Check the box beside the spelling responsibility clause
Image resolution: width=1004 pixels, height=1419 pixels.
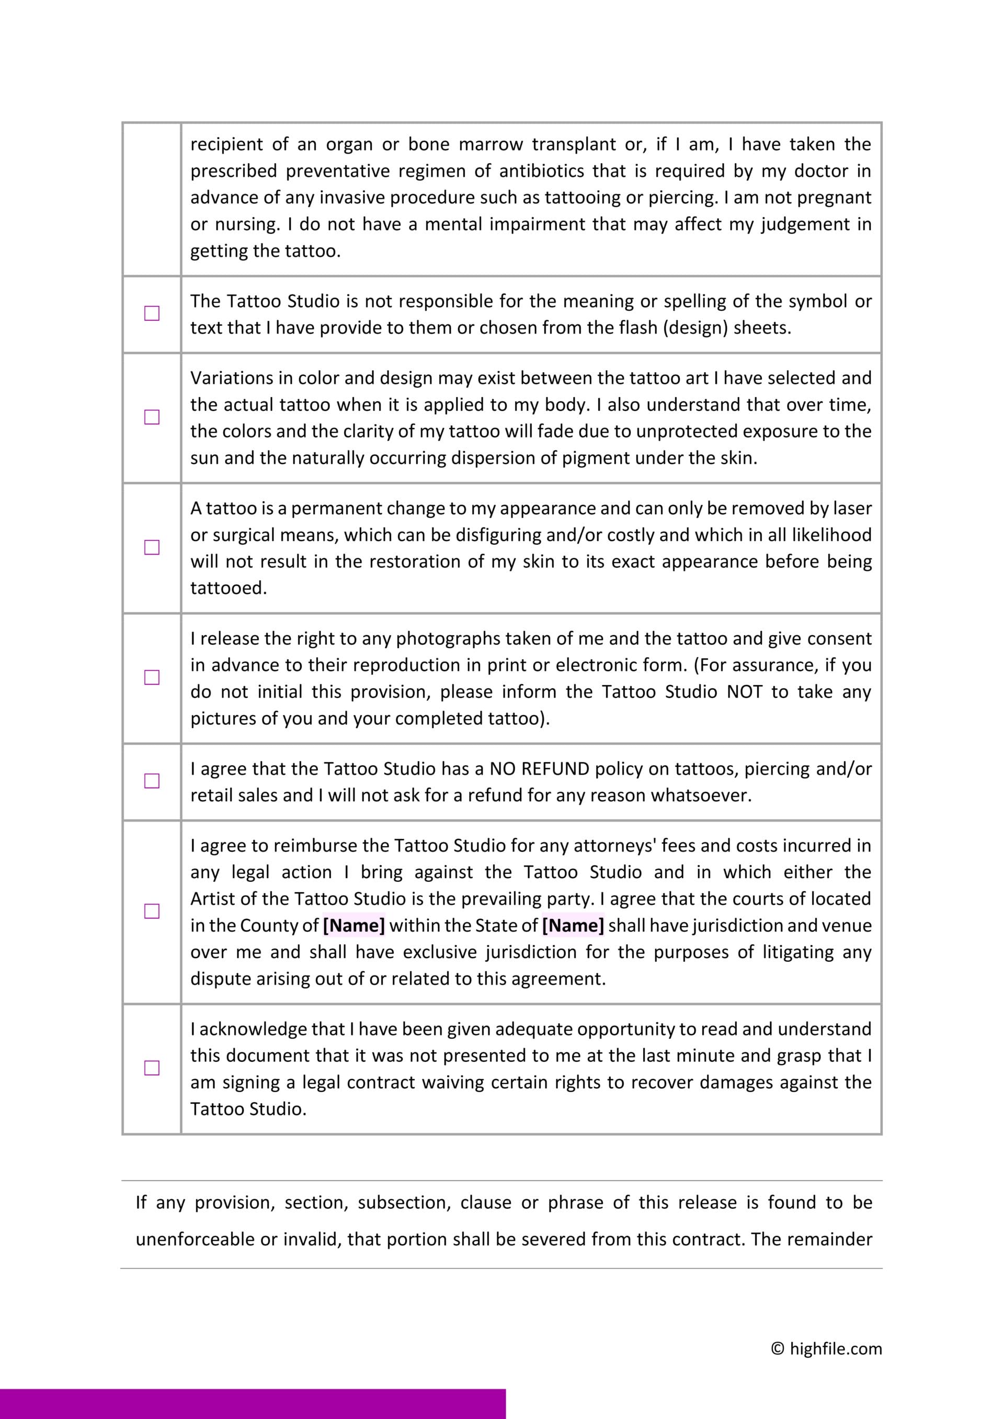pos(152,314)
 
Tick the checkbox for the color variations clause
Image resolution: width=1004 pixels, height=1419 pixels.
pos(152,417)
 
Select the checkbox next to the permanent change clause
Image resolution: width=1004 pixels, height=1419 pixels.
pos(152,548)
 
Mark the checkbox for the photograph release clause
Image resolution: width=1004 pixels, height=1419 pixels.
pos(152,677)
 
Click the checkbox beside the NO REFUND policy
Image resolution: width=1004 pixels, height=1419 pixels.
pos(152,781)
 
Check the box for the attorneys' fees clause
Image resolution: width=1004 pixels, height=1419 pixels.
pos(152,911)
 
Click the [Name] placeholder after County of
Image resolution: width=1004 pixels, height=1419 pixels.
pos(353,925)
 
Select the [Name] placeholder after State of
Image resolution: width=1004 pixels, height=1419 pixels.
pos(573,925)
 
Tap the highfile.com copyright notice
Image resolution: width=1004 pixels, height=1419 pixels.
pos(826,1348)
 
